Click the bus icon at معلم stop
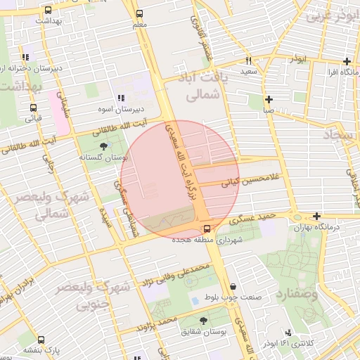[x=139, y=13]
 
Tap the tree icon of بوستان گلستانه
[x=105, y=146]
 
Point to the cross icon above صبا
[x=269, y=99]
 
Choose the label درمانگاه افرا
[x=328, y=72]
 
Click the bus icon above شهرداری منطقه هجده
[x=207, y=229]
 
